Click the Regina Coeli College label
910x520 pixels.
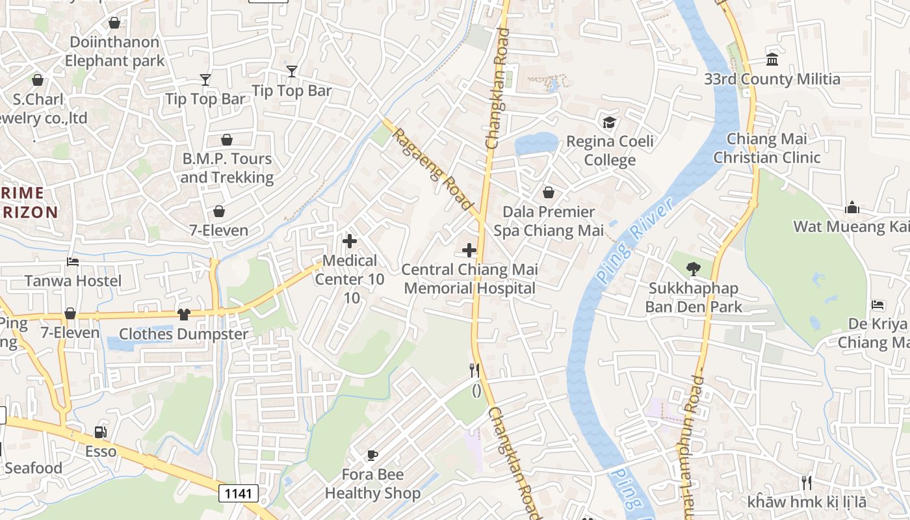[610, 151]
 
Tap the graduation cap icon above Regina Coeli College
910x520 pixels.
[609, 122]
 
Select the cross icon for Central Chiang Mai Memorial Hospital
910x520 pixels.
[469, 250]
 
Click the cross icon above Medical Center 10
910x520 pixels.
[350, 241]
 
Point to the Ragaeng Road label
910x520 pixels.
[433, 169]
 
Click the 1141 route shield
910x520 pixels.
[238, 493]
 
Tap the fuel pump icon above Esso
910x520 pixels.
[100, 432]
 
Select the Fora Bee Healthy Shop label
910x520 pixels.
[372, 484]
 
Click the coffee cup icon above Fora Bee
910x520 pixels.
[372, 455]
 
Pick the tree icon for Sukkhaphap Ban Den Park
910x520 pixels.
[693, 268]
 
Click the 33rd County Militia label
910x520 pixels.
[772, 79]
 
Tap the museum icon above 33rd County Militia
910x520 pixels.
[772, 60]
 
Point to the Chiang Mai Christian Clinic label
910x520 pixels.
[767, 148]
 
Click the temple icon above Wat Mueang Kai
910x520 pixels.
[852, 207]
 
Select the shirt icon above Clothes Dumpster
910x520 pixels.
[184, 315]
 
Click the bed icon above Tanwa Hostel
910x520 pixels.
[73, 262]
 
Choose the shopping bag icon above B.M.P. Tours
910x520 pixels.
[227, 140]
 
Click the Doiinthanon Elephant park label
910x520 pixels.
[114, 51]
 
